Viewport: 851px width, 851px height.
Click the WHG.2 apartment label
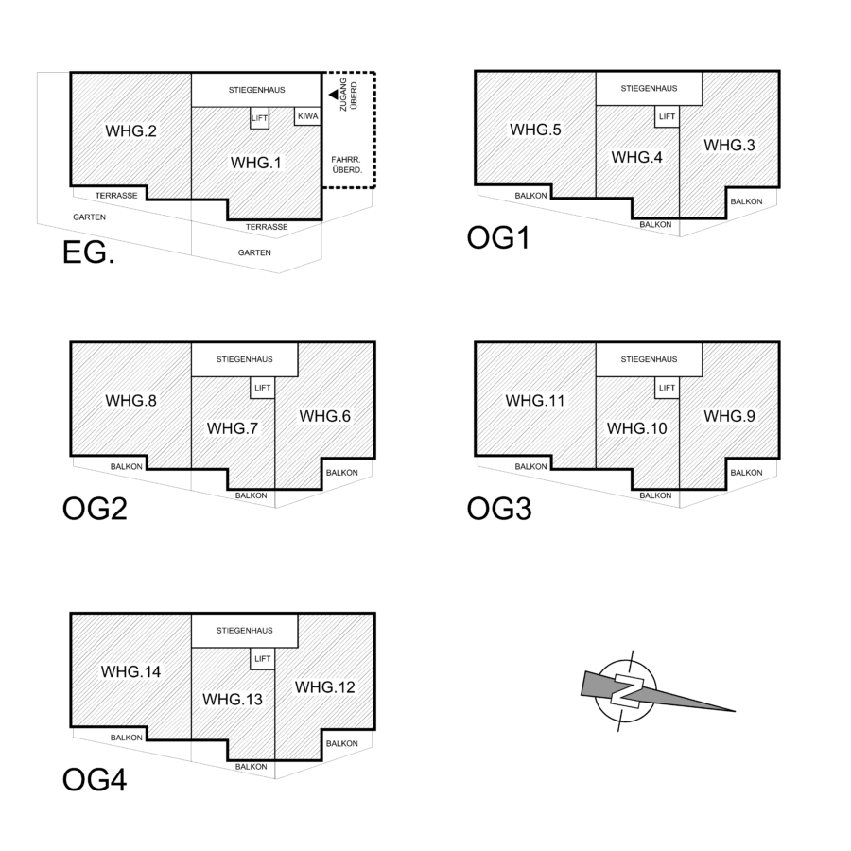pos(131,130)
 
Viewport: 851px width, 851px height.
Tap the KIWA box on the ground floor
pos(308,116)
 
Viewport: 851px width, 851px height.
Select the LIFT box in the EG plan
pos(260,118)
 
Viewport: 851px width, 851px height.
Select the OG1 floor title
pos(497,236)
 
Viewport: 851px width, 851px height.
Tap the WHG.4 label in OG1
pos(636,157)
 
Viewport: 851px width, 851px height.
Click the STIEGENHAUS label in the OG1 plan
pos(649,89)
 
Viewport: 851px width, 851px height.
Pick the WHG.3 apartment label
pos(729,145)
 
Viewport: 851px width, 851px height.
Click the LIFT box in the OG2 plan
pos(261,388)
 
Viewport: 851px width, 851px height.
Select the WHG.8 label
pos(131,400)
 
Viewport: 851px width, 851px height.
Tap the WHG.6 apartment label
pos(325,415)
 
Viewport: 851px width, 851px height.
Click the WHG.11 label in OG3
pos(535,401)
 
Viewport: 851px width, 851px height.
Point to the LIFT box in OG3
pos(666,388)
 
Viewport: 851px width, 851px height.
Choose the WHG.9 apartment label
pos(729,415)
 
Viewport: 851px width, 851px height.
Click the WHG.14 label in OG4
pos(131,671)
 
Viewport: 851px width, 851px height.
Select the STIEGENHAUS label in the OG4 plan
pos(245,630)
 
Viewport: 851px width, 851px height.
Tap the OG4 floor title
pos(95,780)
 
